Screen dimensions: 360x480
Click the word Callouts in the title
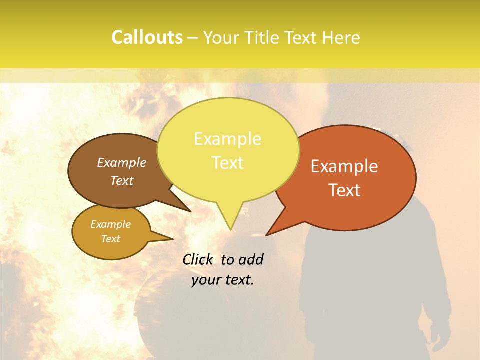pos(147,38)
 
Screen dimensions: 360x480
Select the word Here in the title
pos(340,38)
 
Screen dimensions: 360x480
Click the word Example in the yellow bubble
pos(227,139)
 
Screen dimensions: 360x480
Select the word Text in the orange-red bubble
pos(344,190)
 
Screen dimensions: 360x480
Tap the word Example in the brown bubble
pos(121,163)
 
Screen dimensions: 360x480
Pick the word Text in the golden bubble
pos(110,239)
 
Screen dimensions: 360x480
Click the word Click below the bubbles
pos(199,259)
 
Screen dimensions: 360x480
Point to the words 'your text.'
pos(222,280)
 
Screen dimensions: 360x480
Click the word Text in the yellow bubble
pos(227,163)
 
